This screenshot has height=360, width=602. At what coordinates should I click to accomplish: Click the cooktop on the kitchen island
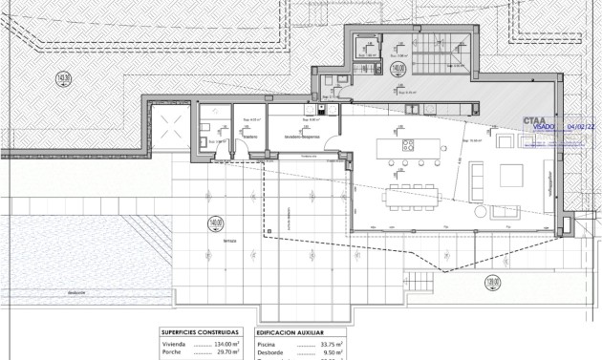tap(408, 145)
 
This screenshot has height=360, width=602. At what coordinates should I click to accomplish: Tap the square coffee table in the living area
tap(512, 175)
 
